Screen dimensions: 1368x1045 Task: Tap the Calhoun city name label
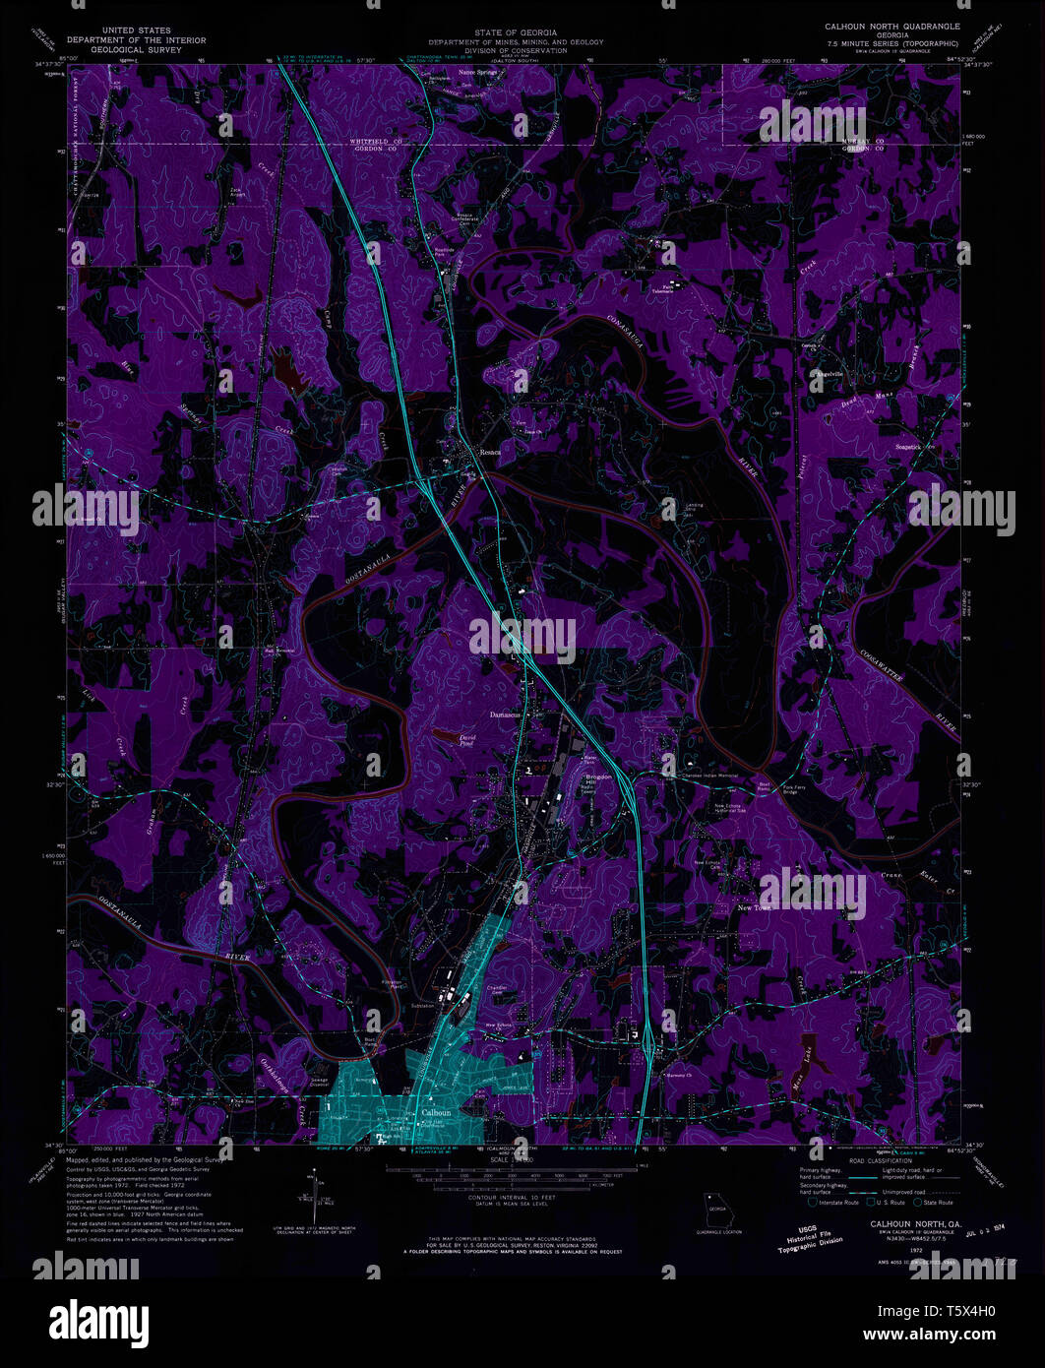click(435, 1113)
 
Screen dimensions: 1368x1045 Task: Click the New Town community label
click(756, 907)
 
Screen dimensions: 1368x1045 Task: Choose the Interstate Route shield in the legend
click(811, 1202)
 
